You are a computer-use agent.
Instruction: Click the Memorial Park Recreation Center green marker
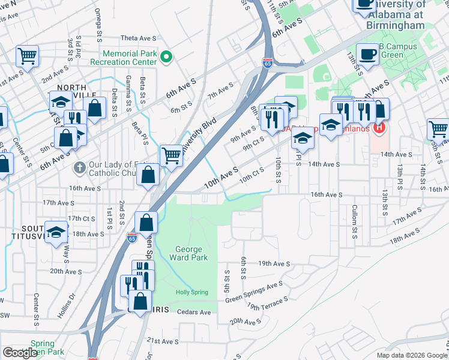tap(167, 58)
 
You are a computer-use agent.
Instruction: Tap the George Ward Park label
tap(191, 253)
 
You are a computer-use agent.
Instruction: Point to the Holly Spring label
tap(191, 293)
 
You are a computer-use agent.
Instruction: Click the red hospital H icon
tap(379, 128)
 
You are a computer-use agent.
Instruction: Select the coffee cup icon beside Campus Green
tap(367, 54)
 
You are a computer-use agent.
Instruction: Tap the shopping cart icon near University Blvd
tap(172, 155)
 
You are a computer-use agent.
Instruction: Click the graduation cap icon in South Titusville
tap(56, 232)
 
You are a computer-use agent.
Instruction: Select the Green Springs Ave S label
tap(254, 292)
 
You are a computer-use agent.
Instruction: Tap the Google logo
tap(20, 353)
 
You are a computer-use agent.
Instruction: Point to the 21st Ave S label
tap(160, 340)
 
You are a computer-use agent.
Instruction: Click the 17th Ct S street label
tap(80, 218)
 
